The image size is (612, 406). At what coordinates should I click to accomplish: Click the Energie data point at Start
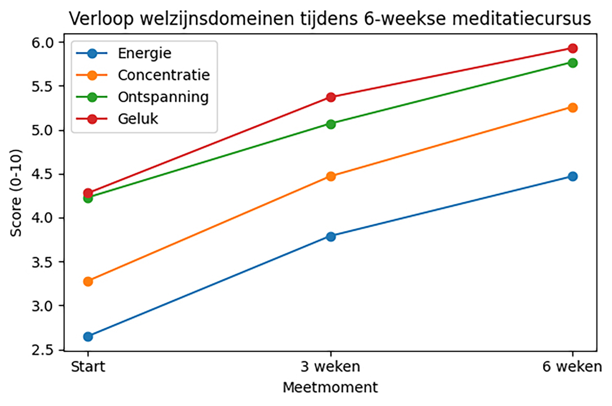pos(88,337)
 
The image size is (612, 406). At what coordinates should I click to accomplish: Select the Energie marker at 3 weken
pos(331,237)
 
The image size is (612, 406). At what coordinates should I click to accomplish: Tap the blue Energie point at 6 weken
pos(573,176)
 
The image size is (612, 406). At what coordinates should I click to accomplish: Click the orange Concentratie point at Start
pos(88,282)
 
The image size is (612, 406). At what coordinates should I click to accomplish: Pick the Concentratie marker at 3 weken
pos(331,176)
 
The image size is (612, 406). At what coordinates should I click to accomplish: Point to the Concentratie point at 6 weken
pos(573,108)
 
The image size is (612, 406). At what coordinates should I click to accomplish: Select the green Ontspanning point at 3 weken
pos(331,124)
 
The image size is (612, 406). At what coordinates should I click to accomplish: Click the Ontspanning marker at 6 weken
pos(573,63)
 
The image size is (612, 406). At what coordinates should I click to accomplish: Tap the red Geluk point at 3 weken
pos(331,97)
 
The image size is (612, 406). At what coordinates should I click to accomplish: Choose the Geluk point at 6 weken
pos(573,48)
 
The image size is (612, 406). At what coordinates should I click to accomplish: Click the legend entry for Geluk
pos(138,119)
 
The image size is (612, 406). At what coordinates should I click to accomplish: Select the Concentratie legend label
pos(164,75)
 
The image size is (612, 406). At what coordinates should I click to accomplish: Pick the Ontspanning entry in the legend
pos(163,97)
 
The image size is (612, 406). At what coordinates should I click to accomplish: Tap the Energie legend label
pos(144,53)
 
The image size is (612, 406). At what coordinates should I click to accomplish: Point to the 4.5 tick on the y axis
pos(42,174)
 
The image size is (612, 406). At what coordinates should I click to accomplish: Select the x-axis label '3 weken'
pos(330,367)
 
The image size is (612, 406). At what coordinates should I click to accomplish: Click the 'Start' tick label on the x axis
pos(88,367)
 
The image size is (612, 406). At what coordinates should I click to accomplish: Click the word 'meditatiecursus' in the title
pos(522,19)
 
